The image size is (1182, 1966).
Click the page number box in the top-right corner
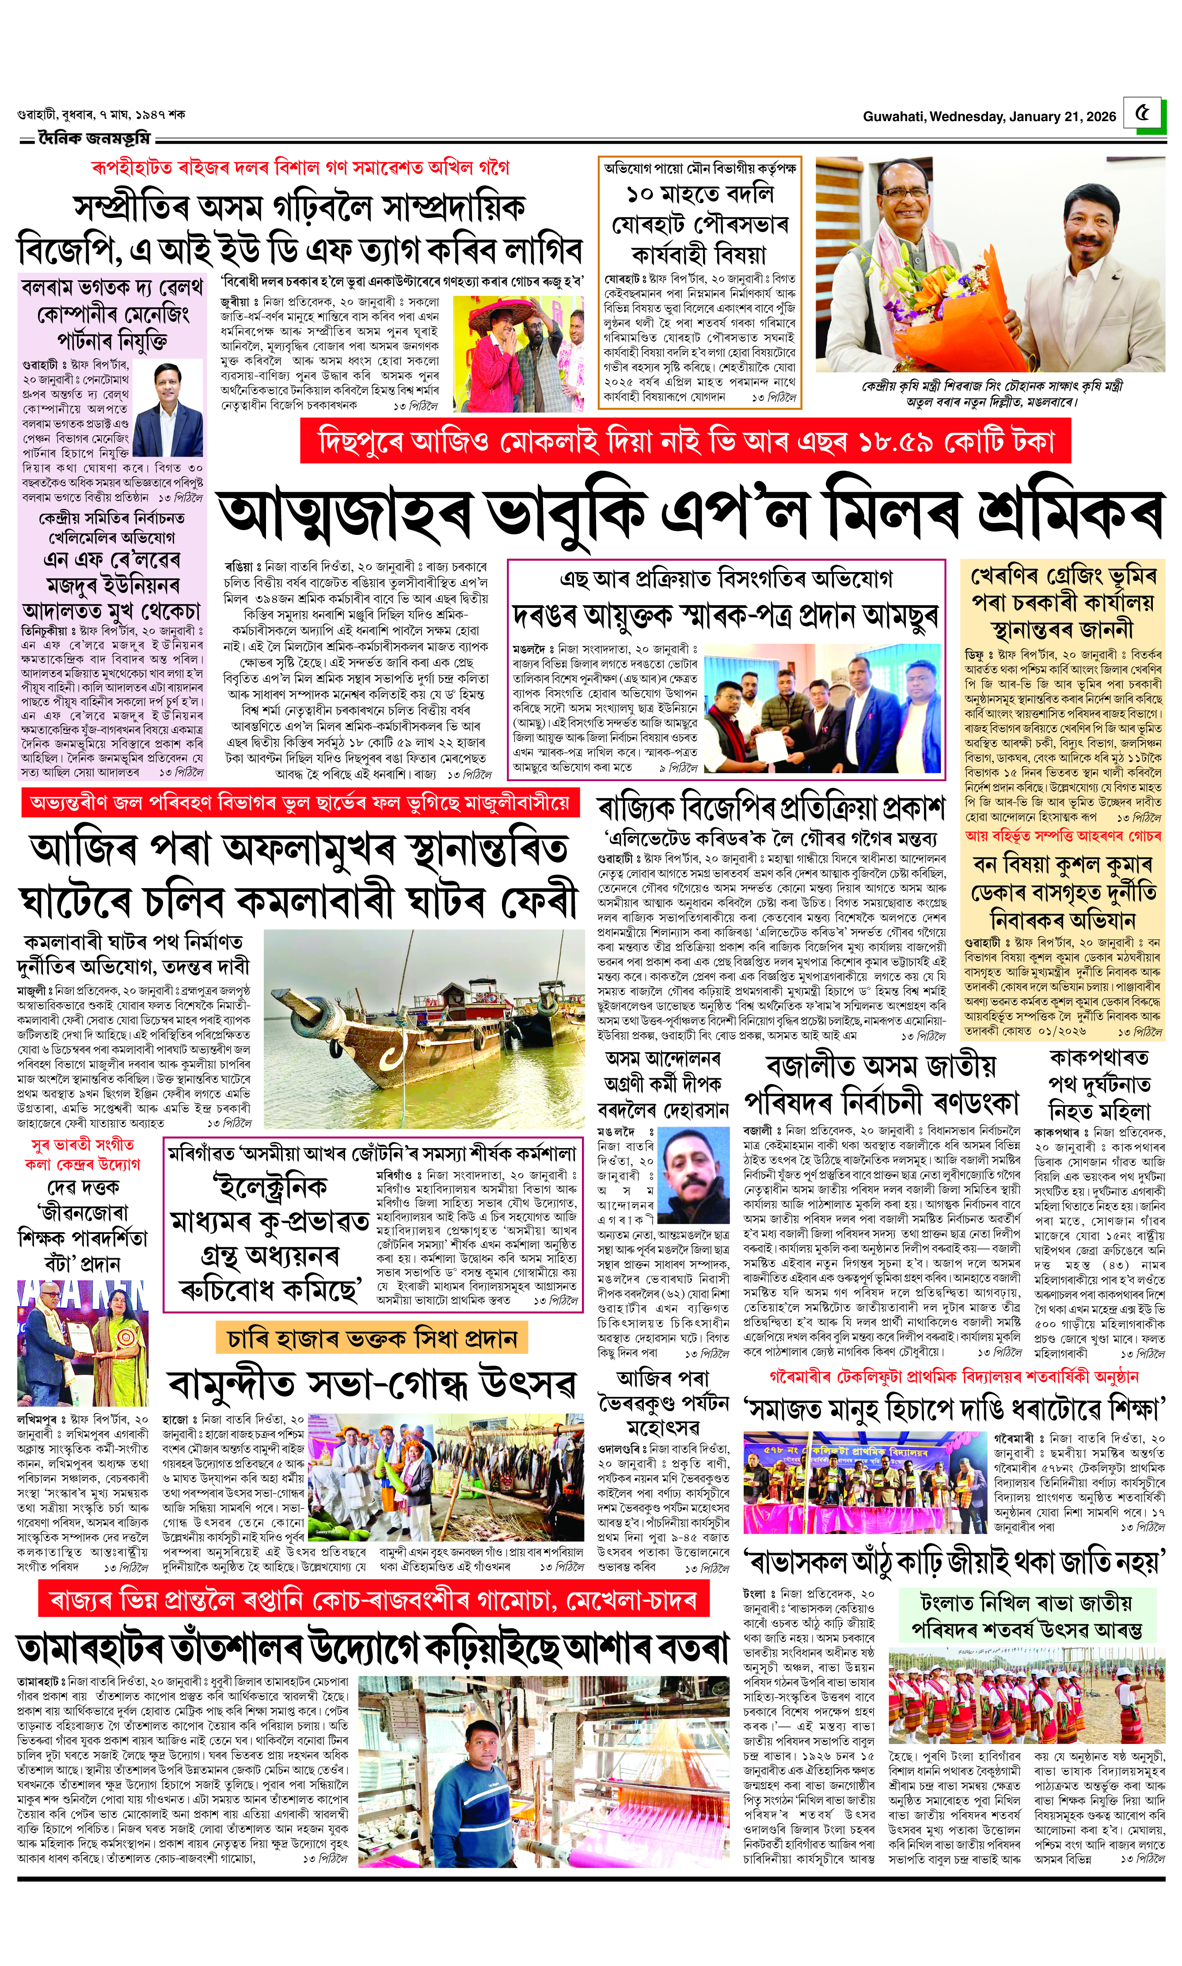point(1144,113)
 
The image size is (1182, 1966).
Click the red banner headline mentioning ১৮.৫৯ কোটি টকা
point(685,441)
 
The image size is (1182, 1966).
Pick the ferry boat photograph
point(424,1027)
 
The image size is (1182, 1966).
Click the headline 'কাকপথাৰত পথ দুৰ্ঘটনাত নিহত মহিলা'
point(1099,1084)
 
